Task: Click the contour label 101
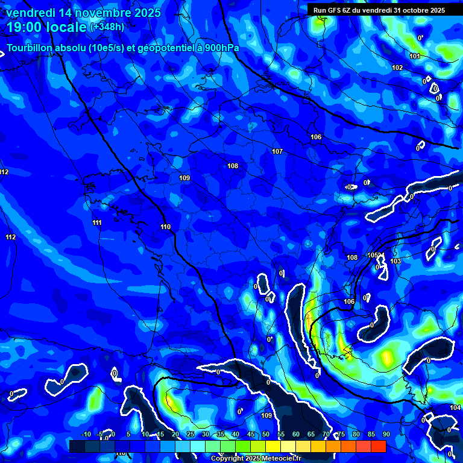click(415, 56)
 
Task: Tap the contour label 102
click(397, 68)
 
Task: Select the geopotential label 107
click(277, 151)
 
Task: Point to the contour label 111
click(97, 222)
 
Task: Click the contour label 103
click(395, 261)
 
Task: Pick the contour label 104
click(455, 408)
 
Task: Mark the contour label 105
click(373, 255)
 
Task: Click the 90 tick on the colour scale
click(386, 434)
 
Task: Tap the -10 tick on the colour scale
click(86, 434)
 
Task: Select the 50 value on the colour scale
click(266, 434)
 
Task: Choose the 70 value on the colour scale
click(326, 434)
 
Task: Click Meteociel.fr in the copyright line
click(271, 458)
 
